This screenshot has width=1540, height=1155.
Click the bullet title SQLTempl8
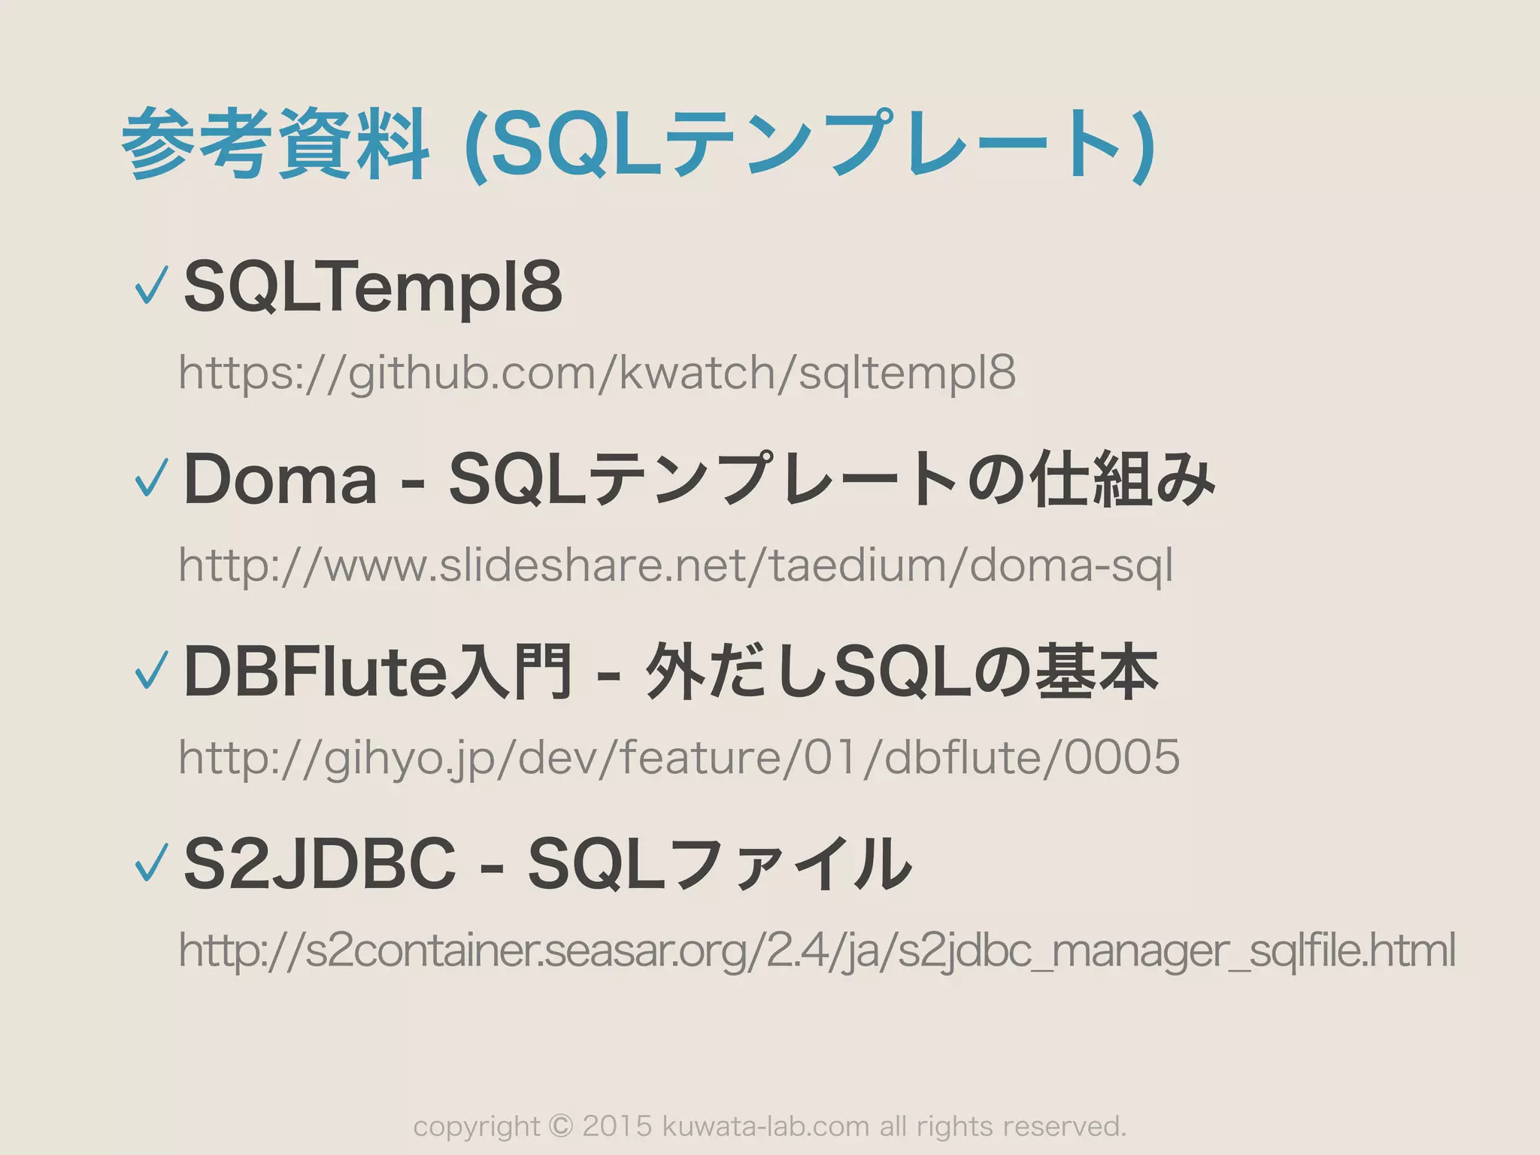[x=373, y=286]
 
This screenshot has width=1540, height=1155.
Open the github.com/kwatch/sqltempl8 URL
[x=597, y=373]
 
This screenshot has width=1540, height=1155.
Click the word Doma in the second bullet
[x=280, y=479]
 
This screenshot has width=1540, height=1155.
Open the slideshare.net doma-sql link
[x=675, y=565]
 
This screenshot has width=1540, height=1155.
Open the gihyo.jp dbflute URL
[x=678, y=757]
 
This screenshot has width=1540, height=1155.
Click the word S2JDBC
[x=320, y=863]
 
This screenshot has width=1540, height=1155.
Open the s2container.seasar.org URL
[x=817, y=950]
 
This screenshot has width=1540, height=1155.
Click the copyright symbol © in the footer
[x=560, y=1126]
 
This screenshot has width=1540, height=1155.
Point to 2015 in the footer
[x=617, y=1126]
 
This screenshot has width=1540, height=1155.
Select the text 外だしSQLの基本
[x=902, y=671]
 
